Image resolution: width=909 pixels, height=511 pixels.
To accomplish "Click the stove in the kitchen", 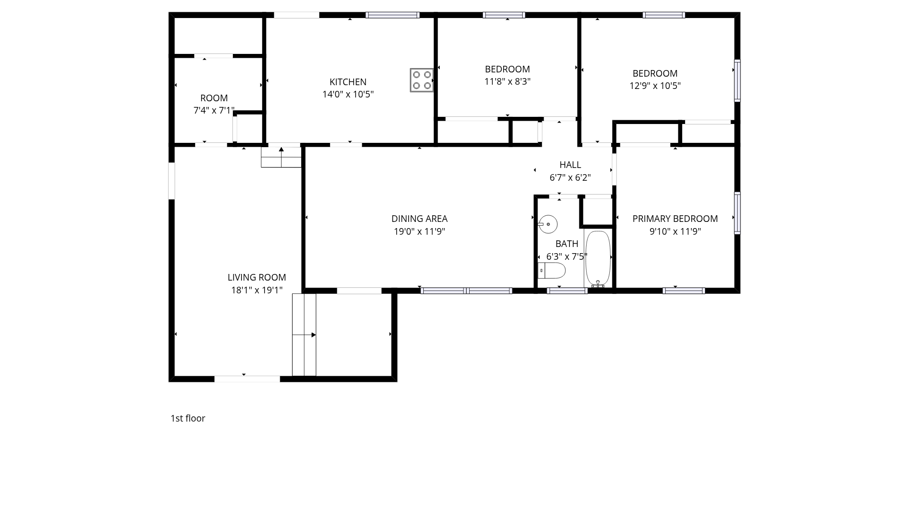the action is pos(421,80).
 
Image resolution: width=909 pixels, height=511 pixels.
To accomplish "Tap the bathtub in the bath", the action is pos(598,258).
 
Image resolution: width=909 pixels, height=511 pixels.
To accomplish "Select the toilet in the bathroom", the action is pos(552,271).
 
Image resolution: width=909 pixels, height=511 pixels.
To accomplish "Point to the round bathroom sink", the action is pos(548,224).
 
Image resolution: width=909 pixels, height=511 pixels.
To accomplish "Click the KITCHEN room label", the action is pos(348,82).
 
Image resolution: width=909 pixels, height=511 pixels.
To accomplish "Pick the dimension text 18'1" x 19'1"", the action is pos(257,290).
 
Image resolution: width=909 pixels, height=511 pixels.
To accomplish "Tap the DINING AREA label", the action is pos(419,219).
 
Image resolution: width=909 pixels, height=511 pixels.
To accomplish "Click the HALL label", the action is pos(570,165).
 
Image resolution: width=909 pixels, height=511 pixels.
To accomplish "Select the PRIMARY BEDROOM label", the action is pos(675,219).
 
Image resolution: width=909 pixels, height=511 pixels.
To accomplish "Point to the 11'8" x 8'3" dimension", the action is pos(507,81).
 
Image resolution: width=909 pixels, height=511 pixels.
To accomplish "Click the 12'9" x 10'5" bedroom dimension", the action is pos(655,86).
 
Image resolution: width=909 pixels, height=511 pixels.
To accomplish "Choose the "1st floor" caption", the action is pos(188,418).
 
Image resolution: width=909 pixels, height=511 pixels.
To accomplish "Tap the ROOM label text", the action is pos(214,98).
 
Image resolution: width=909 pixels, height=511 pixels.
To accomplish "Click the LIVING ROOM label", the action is pos(257,277).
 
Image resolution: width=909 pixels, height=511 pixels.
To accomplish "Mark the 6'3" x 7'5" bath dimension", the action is pos(567,256).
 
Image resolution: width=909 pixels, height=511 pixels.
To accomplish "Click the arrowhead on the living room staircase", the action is pos(314,335).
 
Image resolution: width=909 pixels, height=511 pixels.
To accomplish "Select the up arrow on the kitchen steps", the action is pos(281,150).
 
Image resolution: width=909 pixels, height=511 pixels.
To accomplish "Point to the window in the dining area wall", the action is pos(466,291).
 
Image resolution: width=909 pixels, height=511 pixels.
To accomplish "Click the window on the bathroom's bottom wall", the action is pos(567,291).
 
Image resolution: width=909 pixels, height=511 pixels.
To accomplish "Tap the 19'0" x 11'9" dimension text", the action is pos(419,231).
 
